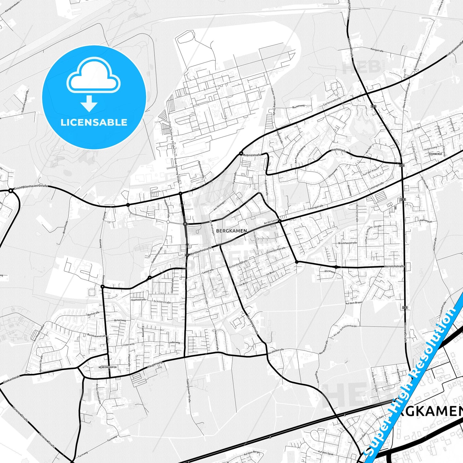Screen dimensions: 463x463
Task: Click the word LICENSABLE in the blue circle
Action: pos(94,122)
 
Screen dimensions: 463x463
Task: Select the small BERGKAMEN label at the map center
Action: pos(231,231)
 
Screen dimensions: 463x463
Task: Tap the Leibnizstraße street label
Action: pos(252,155)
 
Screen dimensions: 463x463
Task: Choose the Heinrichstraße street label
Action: pos(394,266)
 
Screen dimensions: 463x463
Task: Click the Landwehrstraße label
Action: pos(201,251)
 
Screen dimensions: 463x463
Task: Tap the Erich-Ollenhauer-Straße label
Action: pos(31,186)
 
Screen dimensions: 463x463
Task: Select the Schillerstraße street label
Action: pos(162,302)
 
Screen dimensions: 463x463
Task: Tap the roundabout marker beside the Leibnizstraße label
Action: pos(241,153)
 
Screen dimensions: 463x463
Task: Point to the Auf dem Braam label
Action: pos(354,303)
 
